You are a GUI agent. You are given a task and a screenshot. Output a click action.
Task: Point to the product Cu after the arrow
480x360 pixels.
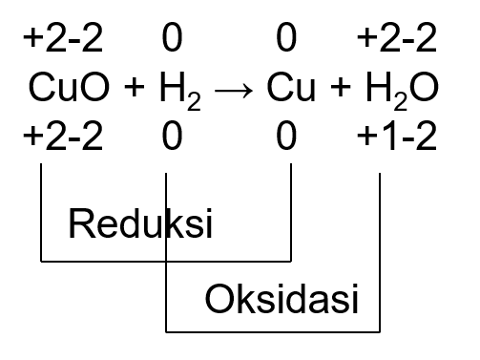[x=291, y=89]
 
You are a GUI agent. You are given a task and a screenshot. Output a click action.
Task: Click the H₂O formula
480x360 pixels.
[x=398, y=91]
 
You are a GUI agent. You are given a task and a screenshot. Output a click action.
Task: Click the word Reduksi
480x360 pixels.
[x=139, y=225]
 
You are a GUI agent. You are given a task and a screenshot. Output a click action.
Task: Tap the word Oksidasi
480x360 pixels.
[x=282, y=300]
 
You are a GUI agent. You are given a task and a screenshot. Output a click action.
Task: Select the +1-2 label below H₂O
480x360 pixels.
[x=396, y=138]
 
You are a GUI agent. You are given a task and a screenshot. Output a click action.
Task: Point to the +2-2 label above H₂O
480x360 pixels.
[x=396, y=39]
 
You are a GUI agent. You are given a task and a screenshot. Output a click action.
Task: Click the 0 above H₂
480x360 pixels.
[x=172, y=39]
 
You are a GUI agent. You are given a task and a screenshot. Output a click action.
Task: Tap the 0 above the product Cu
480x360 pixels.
[x=285, y=39]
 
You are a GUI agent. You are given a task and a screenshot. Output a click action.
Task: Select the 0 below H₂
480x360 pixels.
[x=172, y=138]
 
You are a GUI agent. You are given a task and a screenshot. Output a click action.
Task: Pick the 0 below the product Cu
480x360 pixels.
[x=285, y=138]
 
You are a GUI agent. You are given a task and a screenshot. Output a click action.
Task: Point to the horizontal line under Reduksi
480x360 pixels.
[x=164, y=259]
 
